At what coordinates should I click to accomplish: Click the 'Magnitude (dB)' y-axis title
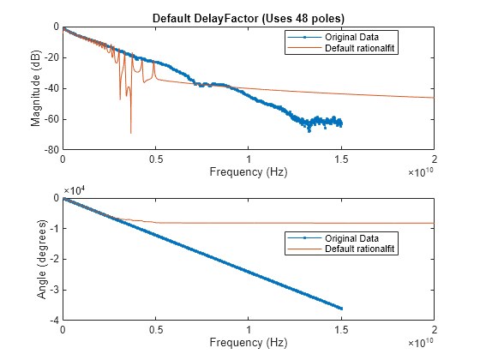[x=36, y=87]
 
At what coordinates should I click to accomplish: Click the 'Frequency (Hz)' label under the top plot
[x=248, y=172]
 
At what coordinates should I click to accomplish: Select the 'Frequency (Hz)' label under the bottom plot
[x=248, y=343]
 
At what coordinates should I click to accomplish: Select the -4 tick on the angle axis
[x=54, y=321]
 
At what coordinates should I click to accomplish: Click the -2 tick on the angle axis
[x=54, y=260]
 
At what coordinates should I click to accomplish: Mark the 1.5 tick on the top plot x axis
[x=341, y=159]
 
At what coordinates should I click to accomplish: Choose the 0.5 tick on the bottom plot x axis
[x=155, y=331]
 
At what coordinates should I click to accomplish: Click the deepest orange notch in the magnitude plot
[x=131, y=133]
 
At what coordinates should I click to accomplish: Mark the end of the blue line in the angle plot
[x=341, y=309]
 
